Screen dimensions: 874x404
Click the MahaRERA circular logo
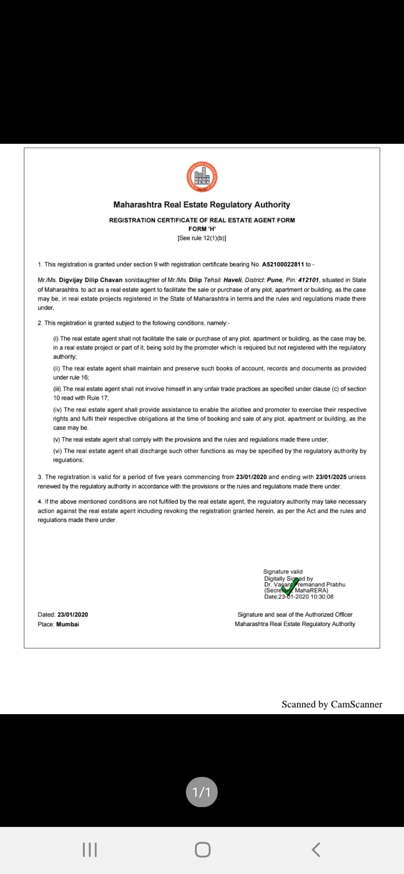pyautogui.click(x=202, y=177)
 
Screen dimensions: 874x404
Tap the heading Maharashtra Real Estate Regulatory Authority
pyautogui.click(x=202, y=205)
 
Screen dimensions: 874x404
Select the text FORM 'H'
pyautogui.click(x=202, y=229)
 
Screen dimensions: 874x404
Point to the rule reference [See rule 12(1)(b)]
pyautogui.click(x=202, y=238)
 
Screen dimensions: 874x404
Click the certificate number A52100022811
pyautogui.click(x=283, y=264)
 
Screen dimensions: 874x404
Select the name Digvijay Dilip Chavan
pyautogui.click(x=91, y=280)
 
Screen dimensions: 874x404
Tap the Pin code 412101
pyautogui.click(x=308, y=280)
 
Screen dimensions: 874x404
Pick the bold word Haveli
pyautogui.click(x=232, y=280)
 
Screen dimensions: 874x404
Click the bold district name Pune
pyautogui.click(x=274, y=280)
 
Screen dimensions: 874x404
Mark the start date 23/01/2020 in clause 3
pyautogui.click(x=251, y=477)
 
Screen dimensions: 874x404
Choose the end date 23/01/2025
pyautogui.click(x=331, y=477)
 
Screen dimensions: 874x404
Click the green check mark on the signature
pyautogui.click(x=290, y=586)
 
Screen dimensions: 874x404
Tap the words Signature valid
pyautogui.click(x=283, y=571)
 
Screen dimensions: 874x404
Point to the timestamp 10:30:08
pyautogui.click(x=322, y=597)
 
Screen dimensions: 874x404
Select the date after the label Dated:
pyautogui.click(x=73, y=615)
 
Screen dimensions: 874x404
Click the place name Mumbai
pyautogui.click(x=68, y=624)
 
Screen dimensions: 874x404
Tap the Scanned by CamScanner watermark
pyautogui.click(x=332, y=704)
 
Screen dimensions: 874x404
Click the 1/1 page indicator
pyautogui.click(x=202, y=792)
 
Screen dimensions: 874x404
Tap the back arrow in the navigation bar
pyautogui.click(x=316, y=850)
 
